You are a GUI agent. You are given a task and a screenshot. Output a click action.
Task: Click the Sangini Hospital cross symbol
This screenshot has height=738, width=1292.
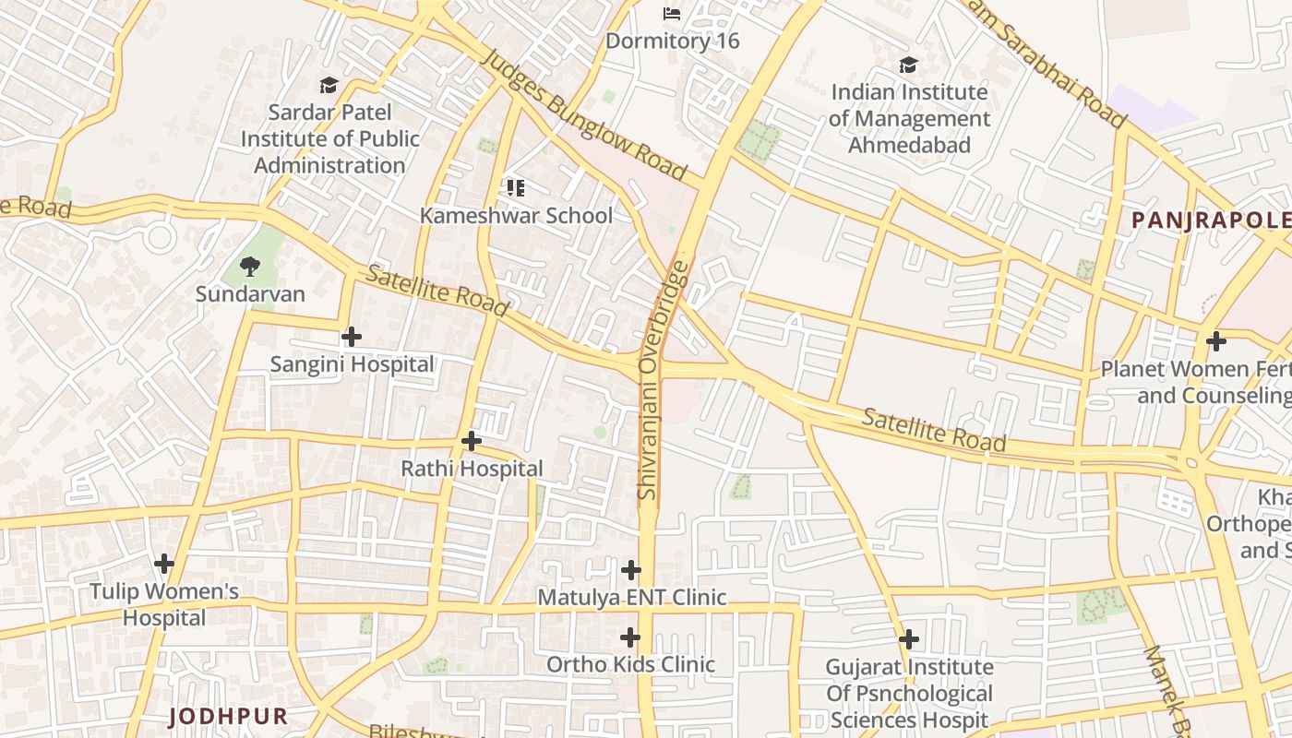(352, 337)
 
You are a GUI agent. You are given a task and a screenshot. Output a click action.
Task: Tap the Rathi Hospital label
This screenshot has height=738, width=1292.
(472, 469)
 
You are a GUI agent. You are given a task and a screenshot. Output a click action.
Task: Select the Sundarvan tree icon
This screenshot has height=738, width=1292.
(249, 268)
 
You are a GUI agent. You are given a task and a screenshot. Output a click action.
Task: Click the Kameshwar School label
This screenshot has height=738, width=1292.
(516, 216)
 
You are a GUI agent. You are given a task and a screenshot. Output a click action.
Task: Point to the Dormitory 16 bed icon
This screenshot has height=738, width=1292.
(672, 14)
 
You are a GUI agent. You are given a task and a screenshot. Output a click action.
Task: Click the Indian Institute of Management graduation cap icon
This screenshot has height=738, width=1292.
(909, 65)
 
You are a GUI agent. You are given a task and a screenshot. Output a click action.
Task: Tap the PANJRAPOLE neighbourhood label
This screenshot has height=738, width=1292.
(1210, 220)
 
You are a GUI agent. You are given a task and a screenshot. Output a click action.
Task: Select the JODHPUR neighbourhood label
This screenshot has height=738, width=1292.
(229, 716)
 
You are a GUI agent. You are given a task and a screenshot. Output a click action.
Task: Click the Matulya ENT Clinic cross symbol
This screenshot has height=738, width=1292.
(631, 570)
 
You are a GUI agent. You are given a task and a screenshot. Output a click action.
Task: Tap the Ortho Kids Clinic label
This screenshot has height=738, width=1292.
(630, 664)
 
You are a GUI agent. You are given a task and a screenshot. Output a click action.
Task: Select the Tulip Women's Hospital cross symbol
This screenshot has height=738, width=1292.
(164, 564)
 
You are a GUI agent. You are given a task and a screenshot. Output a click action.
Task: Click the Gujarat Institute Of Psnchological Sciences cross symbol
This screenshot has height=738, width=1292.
(909, 639)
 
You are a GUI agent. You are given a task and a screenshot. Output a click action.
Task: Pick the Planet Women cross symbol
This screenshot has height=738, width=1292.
(1216, 341)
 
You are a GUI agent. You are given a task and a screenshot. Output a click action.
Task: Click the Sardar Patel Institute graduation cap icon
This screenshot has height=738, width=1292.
(329, 86)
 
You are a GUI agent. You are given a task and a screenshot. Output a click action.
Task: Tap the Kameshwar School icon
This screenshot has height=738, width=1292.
(516, 188)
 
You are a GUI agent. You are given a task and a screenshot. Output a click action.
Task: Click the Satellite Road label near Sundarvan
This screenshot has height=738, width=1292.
(437, 291)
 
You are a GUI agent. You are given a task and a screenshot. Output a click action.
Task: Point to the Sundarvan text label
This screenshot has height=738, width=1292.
(250, 294)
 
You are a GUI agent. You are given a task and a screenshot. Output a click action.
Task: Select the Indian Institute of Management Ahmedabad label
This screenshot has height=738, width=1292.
(909, 119)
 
